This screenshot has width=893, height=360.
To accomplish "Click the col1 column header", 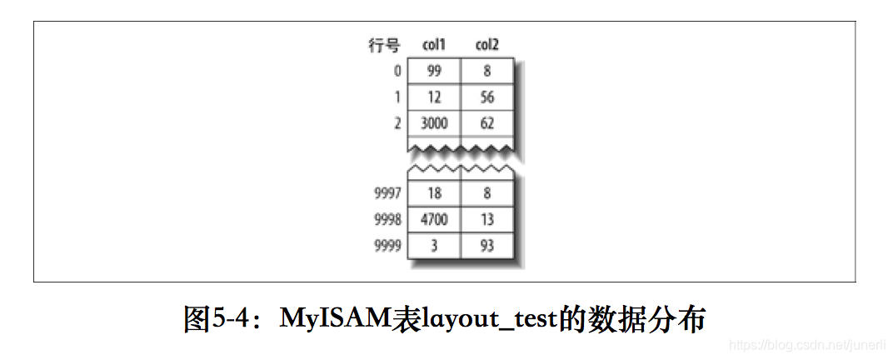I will [x=433, y=45].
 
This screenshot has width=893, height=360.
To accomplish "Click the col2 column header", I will [x=487, y=45].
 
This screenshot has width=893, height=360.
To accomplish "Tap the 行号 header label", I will [x=384, y=45].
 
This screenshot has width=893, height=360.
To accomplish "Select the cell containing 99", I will [x=433, y=72].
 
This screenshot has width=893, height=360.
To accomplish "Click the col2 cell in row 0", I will [x=487, y=72].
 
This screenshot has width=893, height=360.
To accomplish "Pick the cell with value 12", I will [x=433, y=97].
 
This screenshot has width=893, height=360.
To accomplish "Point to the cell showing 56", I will [x=487, y=97].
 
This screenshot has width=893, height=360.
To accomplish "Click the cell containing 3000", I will [x=433, y=123].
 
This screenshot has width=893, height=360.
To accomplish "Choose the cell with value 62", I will [x=487, y=123].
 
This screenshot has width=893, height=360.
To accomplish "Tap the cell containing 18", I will [x=433, y=193].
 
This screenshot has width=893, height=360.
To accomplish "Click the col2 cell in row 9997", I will [x=487, y=193].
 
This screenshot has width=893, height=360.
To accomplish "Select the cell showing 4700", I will [x=433, y=219].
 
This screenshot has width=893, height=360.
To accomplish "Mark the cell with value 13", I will [x=487, y=219].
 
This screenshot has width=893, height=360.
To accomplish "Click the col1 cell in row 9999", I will [x=433, y=245].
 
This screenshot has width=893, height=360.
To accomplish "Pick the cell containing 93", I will [x=487, y=245].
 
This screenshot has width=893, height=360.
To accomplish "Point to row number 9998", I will [x=387, y=219].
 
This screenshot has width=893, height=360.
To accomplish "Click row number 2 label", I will [x=397, y=123].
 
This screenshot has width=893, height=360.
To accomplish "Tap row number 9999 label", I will [x=387, y=245].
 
